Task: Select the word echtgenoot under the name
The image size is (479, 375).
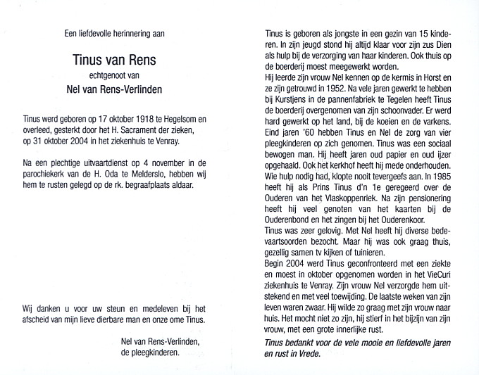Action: coord(111,79)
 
